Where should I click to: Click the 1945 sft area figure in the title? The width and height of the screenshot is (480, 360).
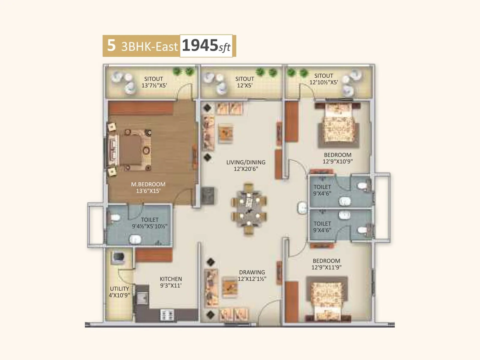pyautogui.click(x=206, y=46)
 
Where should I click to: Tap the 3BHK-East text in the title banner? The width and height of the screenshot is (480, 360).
pyautogui.click(x=149, y=46)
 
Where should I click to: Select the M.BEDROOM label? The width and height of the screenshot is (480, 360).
pyautogui.click(x=148, y=184)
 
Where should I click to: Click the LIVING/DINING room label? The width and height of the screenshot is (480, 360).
pyautogui.click(x=246, y=162)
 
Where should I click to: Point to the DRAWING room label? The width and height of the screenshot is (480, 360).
pyautogui.click(x=252, y=272)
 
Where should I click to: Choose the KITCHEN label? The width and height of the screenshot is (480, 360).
pyautogui.click(x=171, y=279)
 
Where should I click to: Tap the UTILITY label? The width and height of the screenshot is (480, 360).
pyautogui.click(x=119, y=289)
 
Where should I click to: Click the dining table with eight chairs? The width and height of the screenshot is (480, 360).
pyautogui.click(x=249, y=208)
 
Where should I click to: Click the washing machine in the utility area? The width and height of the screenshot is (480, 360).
pyautogui.click(x=118, y=257)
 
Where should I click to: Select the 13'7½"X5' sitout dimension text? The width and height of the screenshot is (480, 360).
pyautogui.click(x=154, y=85)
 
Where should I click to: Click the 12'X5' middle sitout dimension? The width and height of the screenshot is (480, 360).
pyautogui.click(x=244, y=85)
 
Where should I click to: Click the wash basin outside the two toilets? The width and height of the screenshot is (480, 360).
pyautogui.click(x=302, y=208)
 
